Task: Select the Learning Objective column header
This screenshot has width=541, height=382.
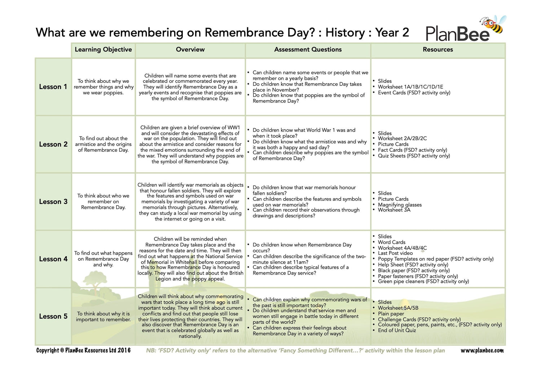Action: coord(103,50)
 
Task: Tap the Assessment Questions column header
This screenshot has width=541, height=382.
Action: coord(308,50)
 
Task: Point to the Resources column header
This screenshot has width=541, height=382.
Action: coord(437,50)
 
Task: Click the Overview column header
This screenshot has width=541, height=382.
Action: coord(190,50)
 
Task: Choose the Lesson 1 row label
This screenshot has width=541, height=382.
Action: coord(53,87)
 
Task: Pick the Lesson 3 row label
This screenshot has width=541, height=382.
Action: coord(53,202)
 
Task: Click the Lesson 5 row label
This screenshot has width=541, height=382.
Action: coord(53,316)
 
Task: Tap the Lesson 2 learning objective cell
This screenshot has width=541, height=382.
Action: coord(103,144)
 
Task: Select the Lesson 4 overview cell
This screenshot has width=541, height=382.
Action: coord(190,259)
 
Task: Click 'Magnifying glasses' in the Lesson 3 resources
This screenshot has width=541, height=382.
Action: coord(400,205)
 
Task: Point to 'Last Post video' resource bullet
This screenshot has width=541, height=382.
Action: coord(395,253)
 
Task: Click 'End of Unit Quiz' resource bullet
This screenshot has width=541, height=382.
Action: coord(397,330)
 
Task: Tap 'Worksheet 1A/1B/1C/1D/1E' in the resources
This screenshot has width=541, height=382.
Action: coord(410,87)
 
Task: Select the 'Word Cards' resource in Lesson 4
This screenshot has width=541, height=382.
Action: coord(391,242)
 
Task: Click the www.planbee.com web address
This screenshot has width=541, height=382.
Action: coord(482,351)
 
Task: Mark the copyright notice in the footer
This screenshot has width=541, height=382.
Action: coord(83,351)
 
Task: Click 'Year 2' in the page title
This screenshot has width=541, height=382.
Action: coord(392,33)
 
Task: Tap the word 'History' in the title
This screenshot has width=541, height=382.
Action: coord(345,33)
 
